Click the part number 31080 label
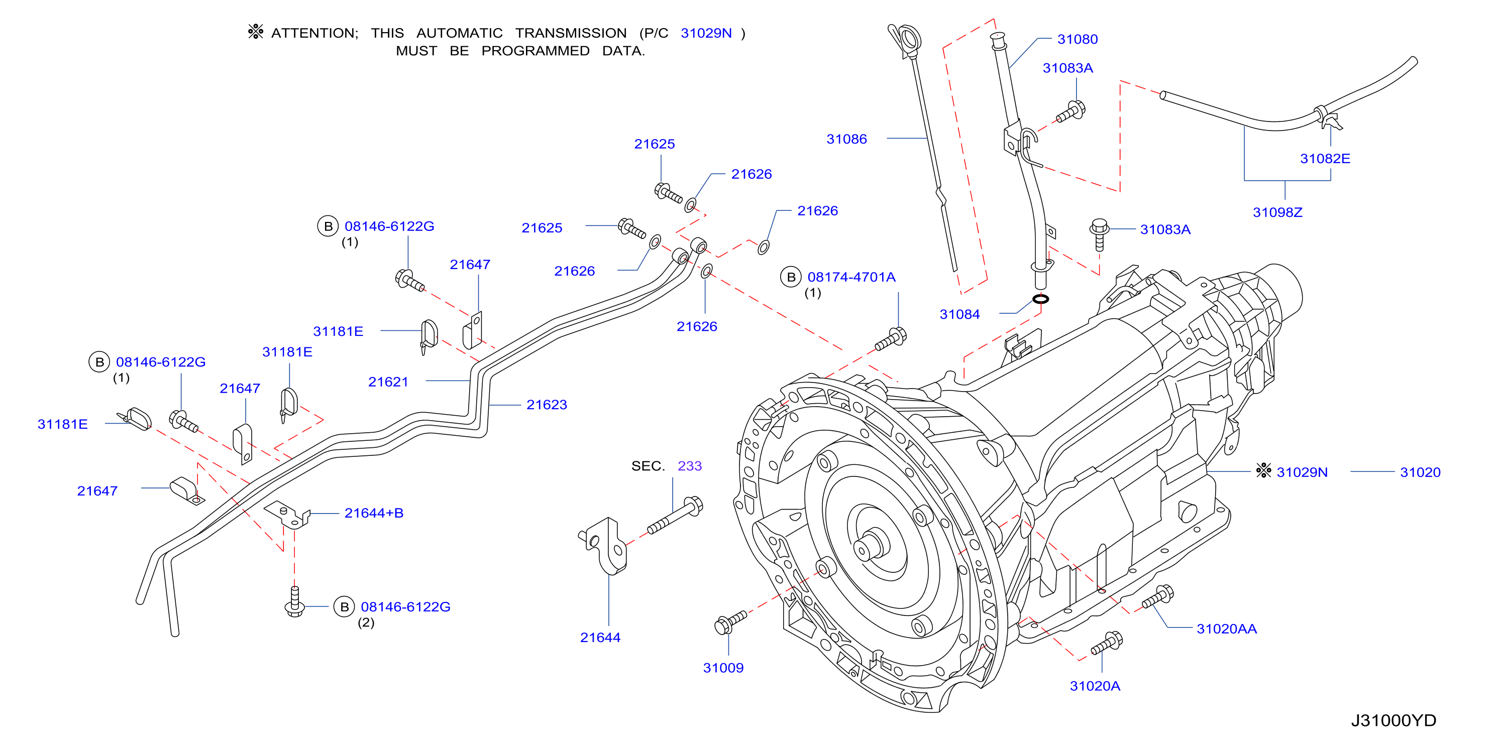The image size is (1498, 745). click(x=1077, y=40)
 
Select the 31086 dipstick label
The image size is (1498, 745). click(x=846, y=140)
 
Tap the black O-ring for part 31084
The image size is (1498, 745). click(x=1040, y=299)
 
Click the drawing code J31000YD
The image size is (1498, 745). click(x=1394, y=720)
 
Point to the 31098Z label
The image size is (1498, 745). click(x=1277, y=213)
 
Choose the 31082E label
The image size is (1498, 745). click(x=1325, y=159)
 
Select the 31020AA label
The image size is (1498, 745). click(x=1226, y=629)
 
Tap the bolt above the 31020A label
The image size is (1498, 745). click(x=1107, y=643)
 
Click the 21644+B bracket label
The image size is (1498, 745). click(x=374, y=513)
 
